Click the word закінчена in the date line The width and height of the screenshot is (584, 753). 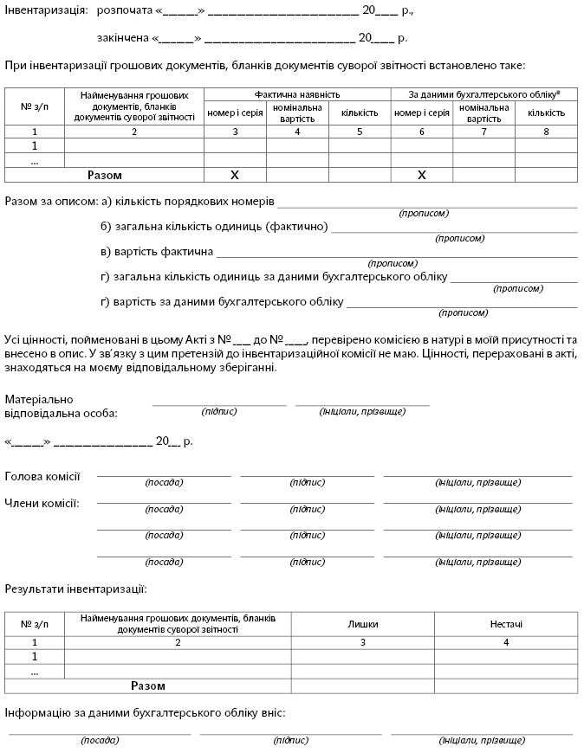[121, 38]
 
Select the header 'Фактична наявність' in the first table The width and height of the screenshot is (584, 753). [297, 93]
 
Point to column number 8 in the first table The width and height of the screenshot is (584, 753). [546, 132]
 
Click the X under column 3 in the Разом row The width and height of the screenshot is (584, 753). [235, 175]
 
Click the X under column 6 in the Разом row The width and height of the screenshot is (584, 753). [422, 175]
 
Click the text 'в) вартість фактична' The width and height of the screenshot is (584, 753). [157, 252]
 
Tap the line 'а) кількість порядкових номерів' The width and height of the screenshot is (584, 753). [187, 202]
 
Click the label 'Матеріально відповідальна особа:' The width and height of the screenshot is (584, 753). [61, 406]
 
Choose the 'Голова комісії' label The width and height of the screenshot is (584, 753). [42, 476]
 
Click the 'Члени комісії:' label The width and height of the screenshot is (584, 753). [42, 503]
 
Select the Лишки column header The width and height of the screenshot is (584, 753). [363, 624]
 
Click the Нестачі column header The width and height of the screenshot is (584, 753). [505, 624]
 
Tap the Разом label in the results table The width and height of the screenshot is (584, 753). [147, 685]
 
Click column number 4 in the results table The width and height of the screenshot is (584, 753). [505, 642]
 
